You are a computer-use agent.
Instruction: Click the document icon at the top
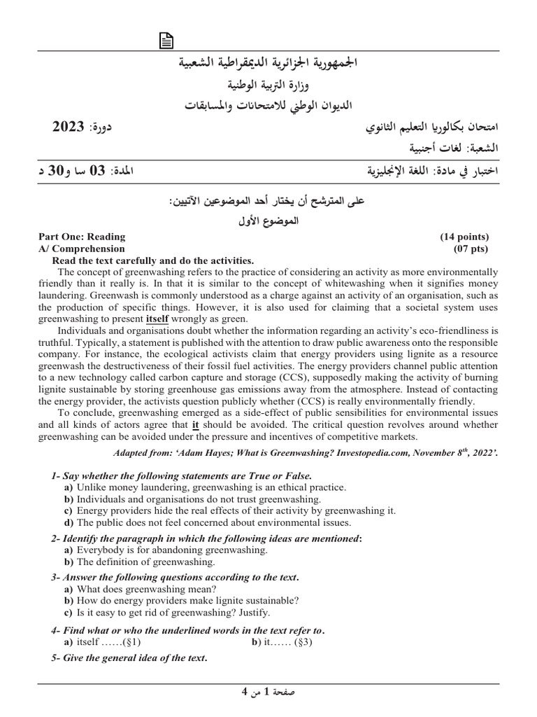(x=166, y=43)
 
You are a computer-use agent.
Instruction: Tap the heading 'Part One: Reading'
(x=82, y=237)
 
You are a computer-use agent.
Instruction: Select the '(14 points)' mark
(x=464, y=237)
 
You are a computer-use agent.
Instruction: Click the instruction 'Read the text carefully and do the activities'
(x=153, y=260)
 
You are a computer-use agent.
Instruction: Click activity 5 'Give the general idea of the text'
(x=129, y=658)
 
